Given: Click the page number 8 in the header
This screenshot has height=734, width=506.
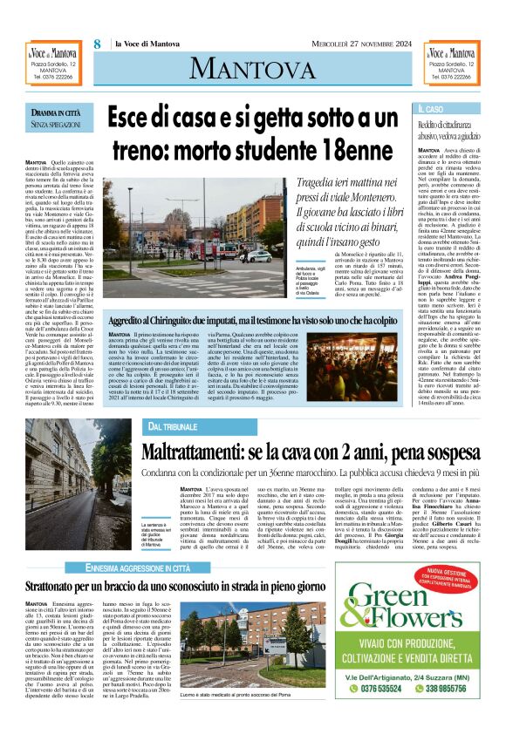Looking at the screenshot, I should [98, 44].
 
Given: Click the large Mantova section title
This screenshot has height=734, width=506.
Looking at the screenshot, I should [253, 66].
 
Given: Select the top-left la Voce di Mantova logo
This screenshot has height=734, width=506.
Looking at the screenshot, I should [53, 54].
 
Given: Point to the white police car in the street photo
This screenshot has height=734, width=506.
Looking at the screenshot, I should [259, 256].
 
